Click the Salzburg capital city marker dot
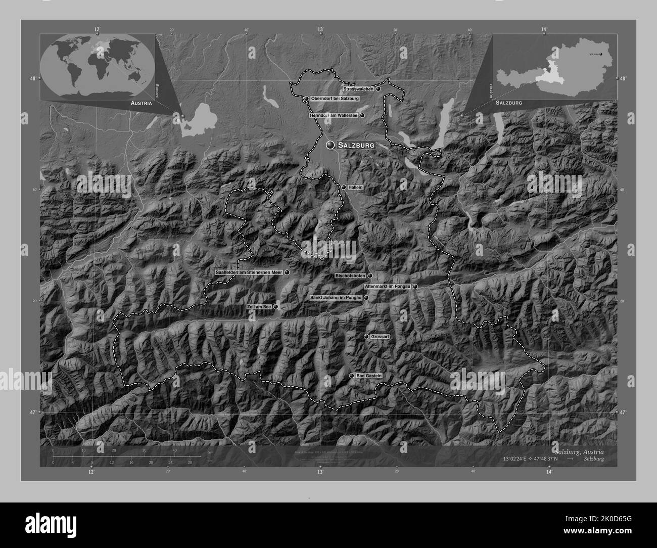[331, 145]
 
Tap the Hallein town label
[356, 187]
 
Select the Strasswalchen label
[358, 89]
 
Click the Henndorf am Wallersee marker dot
[362, 115]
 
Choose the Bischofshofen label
[350, 276]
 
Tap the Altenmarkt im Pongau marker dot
[415, 287]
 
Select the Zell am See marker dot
[276, 307]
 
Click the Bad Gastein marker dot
[352, 376]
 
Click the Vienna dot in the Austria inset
[600, 53]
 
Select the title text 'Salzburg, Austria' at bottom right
[578, 451]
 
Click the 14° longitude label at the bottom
[549, 472]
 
